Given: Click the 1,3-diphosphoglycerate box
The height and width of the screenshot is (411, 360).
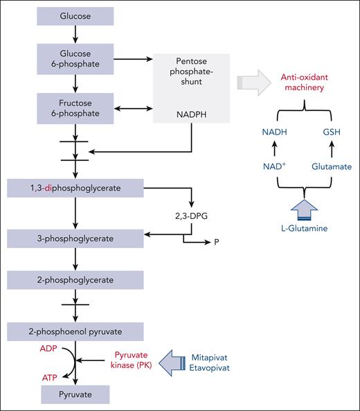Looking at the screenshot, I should click(75, 187).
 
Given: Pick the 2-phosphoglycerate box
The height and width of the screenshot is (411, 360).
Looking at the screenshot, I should click(75, 279).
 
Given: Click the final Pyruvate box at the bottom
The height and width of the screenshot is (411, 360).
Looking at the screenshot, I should click(75, 394).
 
